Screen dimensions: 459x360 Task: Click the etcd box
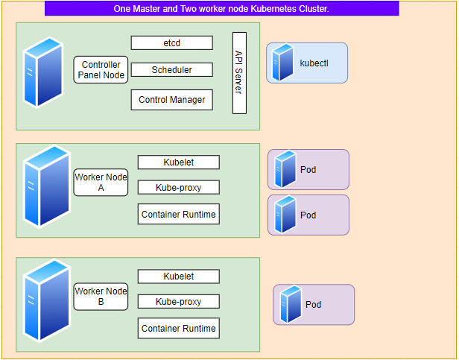pos(172,42)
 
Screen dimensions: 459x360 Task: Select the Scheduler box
pos(172,70)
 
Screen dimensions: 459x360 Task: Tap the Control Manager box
pos(172,100)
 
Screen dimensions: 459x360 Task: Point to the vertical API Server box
pos(239,73)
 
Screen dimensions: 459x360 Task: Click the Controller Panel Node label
pos(101,70)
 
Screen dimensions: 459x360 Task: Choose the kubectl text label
pos(314,63)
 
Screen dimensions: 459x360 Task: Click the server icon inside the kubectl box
pos(282,62)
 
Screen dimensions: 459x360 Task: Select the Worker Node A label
pos(101,182)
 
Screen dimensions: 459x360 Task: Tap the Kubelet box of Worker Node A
pos(179,162)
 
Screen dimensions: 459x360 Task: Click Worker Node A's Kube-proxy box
pos(179,188)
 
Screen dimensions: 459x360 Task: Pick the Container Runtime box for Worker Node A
pos(179,214)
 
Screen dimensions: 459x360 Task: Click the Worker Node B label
pos(101,297)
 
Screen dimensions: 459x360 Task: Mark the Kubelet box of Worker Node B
pos(179,277)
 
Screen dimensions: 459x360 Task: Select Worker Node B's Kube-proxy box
pos(179,301)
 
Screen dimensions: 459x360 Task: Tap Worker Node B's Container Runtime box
pos(179,328)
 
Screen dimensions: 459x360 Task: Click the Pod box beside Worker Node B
pos(314,305)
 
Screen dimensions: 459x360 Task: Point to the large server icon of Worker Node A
pos(47,186)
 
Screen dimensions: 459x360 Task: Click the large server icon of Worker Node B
pos(47,300)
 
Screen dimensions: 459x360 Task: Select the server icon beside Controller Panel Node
pos(43,72)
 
